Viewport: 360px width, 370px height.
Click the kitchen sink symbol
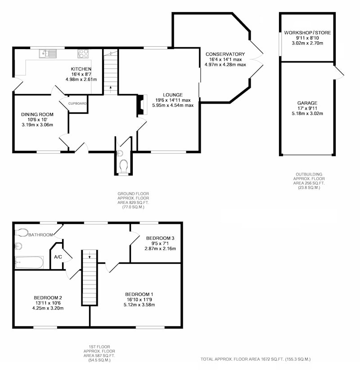pyautogui.click(x=48, y=54)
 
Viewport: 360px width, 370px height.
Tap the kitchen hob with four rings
pyautogui.click(x=83, y=54)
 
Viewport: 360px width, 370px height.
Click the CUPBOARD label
pyautogui.click(x=77, y=104)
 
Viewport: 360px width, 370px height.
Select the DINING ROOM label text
pyautogui.click(x=37, y=114)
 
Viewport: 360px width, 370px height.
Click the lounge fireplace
pyautogui.click(x=143, y=105)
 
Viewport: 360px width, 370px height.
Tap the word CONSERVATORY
pyautogui.click(x=225, y=54)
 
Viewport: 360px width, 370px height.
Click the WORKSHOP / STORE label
pyautogui.click(x=307, y=32)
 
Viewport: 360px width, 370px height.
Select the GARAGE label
pyautogui.click(x=307, y=103)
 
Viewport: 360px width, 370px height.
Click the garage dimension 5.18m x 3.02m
pyautogui.click(x=307, y=113)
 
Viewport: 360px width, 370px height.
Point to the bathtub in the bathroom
pyautogui.click(x=29, y=262)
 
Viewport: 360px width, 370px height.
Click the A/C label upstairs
pyautogui.click(x=58, y=257)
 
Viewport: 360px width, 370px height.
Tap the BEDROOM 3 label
pyautogui.click(x=160, y=238)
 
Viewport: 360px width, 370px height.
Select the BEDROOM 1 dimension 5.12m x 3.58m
pyautogui.click(x=139, y=305)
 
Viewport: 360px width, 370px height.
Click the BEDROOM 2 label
pyautogui.click(x=48, y=298)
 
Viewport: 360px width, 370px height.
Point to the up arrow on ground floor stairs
pyautogui.click(x=111, y=90)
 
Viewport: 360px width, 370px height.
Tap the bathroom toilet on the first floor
pyautogui.click(x=22, y=233)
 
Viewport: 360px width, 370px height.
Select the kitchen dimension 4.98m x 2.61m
pyautogui.click(x=81, y=79)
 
